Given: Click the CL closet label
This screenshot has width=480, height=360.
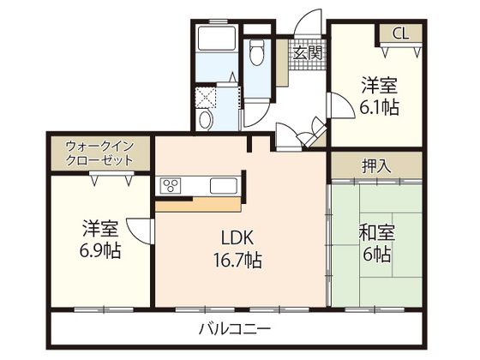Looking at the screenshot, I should (x=400, y=34).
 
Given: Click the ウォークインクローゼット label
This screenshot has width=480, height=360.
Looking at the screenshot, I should (x=99, y=153).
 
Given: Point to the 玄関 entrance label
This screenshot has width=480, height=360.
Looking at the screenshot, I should (x=306, y=51).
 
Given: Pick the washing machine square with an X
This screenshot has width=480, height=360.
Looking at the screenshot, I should (x=207, y=96).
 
